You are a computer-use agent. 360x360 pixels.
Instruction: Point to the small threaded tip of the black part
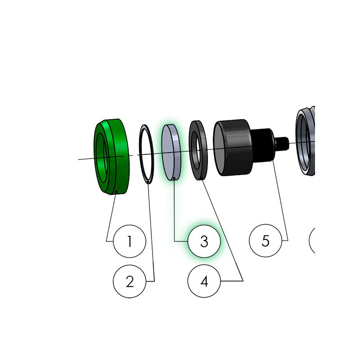coord(282,144)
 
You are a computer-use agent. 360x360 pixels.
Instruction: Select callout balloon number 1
coord(130,241)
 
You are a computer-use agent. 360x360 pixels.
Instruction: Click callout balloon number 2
coord(130,281)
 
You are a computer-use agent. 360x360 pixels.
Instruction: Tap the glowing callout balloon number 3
coord(204,241)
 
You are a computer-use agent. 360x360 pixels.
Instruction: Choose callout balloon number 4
coord(204,281)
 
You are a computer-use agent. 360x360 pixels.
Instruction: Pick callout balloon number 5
coord(265,241)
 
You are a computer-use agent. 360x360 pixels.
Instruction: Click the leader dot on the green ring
coord(117,191)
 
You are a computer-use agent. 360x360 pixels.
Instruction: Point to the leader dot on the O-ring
coord(148,182)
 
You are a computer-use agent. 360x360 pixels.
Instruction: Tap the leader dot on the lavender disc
coord(174,178)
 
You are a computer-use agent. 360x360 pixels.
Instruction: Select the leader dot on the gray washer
coord(201,178)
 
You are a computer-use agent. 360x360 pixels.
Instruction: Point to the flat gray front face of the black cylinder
coord(220,149)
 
